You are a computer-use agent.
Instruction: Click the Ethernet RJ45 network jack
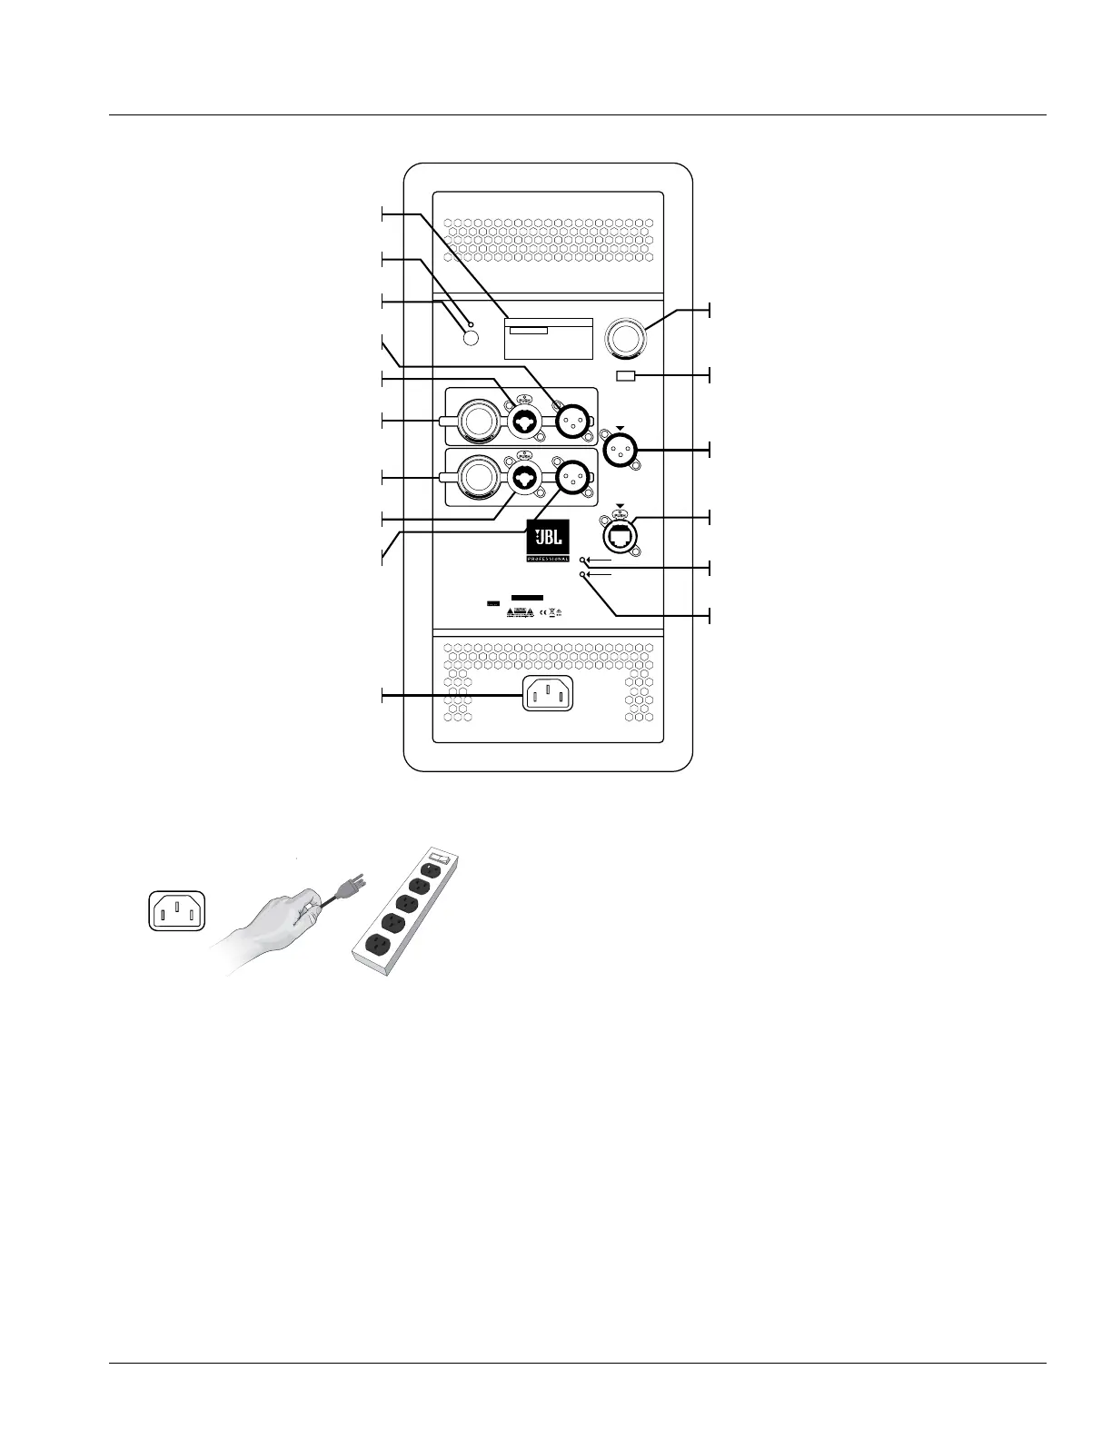[620, 534]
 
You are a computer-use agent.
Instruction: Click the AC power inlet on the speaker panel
[548, 695]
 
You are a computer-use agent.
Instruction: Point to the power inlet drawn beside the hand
[176, 910]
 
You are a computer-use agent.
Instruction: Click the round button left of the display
[471, 338]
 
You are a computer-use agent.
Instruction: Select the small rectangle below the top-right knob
[626, 376]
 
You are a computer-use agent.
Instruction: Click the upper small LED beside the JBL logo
[582, 562]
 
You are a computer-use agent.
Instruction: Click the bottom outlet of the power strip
[375, 946]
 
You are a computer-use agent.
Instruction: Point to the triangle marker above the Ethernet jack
[620, 505]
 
